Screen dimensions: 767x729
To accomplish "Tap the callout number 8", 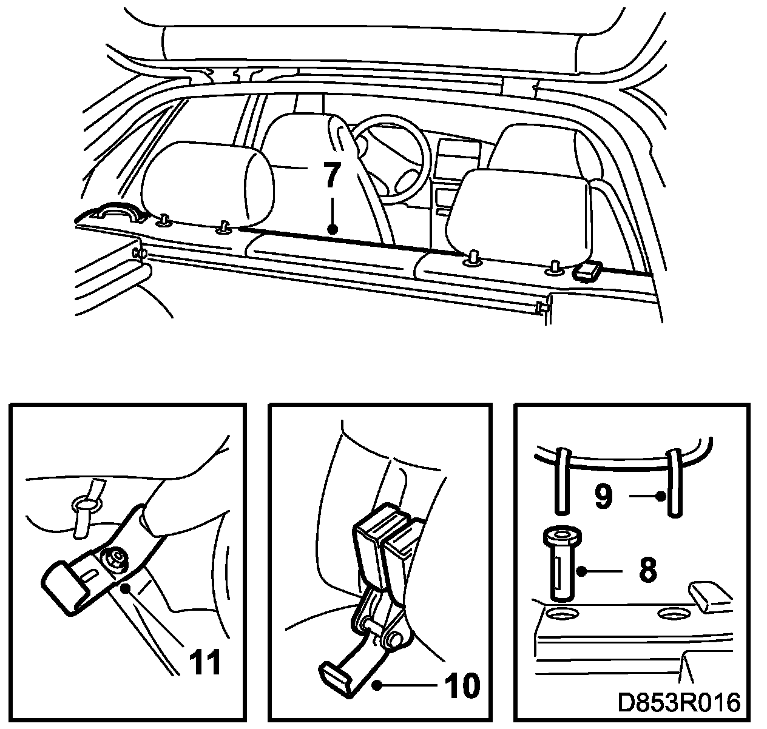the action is pos(648,570).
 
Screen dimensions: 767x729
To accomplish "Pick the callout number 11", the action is pos(204,662).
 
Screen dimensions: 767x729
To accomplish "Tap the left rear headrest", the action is pos(206,182).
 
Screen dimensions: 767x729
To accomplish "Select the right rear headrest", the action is pos(517,212).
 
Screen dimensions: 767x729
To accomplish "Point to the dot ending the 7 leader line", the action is pos(331,229).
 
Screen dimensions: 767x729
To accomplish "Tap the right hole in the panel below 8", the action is pos(674,614).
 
